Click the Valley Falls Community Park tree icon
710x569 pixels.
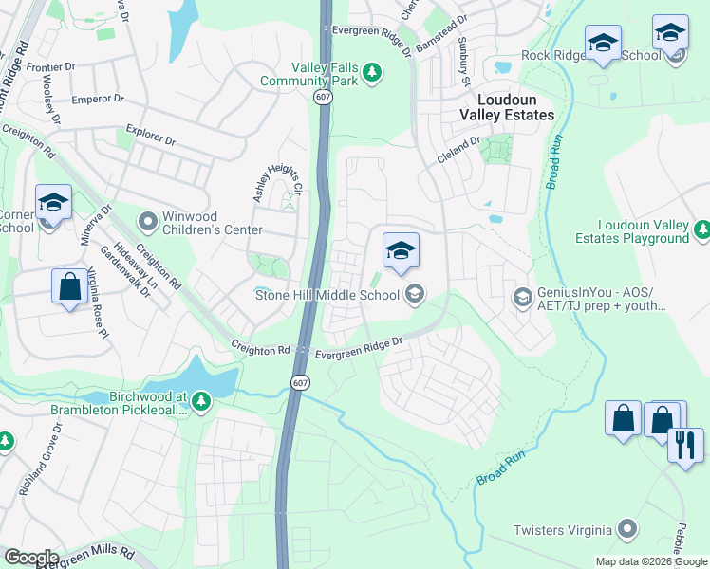[373, 72]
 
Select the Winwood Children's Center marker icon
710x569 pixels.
[147, 221]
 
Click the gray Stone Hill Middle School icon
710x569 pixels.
[413, 295]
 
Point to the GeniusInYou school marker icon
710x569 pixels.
[521, 298]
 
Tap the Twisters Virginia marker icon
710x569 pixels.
[626, 529]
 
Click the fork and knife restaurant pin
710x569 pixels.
[685, 443]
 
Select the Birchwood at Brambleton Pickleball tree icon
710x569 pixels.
[200, 401]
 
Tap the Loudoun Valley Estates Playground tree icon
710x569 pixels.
[702, 229]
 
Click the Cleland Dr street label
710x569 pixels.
[458, 151]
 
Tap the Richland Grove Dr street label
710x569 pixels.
[36, 468]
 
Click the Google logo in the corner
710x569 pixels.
[30, 558]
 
